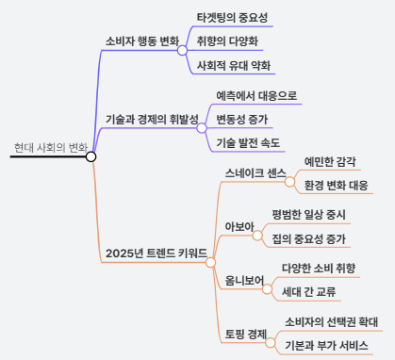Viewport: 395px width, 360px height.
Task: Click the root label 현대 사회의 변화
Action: [51, 148]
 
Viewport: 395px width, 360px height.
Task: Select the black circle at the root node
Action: [91, 156]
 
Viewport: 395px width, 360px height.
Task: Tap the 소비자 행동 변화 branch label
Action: [142, 41]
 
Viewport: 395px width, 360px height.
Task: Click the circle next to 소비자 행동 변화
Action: [182, 50]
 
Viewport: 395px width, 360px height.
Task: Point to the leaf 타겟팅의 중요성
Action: [232, 17]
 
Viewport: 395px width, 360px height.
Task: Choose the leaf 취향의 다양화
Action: [227, 41]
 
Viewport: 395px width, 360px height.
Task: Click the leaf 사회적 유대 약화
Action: [234, 65]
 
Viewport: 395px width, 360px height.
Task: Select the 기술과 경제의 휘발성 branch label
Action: [152, 120]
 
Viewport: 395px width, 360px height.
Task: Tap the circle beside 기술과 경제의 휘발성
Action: [202, 128]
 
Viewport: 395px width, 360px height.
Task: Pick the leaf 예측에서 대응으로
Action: [256, 95]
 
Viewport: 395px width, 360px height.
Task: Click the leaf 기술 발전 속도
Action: [248, 143]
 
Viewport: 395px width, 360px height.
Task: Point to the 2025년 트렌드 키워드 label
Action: [156, 254]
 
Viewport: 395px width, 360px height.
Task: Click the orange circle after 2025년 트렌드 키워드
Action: [210, 263]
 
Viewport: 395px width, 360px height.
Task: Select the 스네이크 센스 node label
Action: [255, 173]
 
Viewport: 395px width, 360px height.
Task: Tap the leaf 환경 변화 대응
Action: [336, 185]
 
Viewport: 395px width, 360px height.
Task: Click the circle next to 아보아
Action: [257, 236]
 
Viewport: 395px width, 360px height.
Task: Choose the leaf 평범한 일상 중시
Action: [308, 215]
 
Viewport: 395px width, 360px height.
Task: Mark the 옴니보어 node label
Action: [244, 281]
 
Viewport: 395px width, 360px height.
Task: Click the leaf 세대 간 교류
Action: [308, 292]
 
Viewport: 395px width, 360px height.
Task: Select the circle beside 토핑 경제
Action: [271, 343]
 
